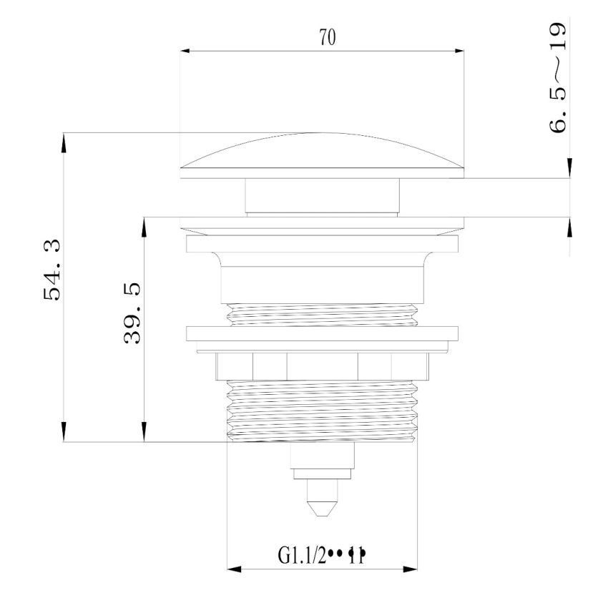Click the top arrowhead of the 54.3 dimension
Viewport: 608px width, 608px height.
[x=64, y=140]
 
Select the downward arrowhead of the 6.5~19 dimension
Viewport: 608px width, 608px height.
[x=569, y=169]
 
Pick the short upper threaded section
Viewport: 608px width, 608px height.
[x=322, y=315]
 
